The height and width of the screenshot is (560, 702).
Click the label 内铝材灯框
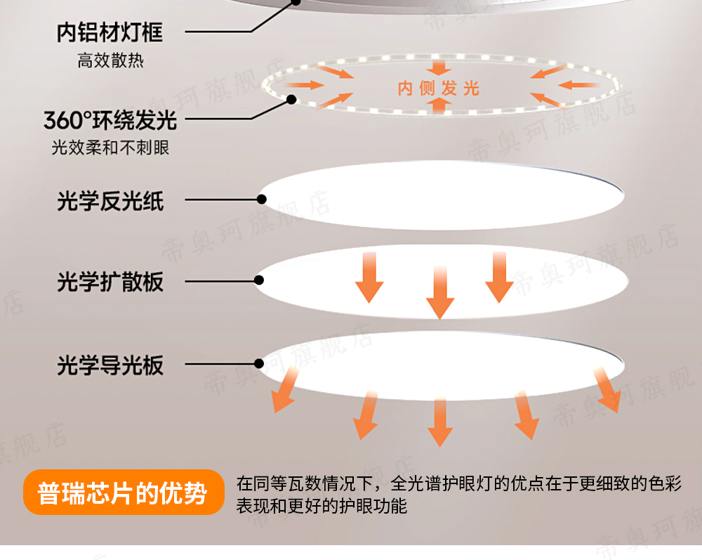point(110,32)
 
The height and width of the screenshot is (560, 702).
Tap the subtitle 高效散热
point(110,60)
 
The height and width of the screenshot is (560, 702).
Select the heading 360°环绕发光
point(110,120)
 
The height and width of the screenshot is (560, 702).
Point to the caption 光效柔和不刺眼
point(110,148)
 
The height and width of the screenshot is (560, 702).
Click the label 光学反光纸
point(110,202)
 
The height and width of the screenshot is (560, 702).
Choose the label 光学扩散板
point(110,282)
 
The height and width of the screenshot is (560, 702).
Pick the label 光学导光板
point(110,365)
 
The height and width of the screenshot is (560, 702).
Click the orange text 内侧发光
point(439,89)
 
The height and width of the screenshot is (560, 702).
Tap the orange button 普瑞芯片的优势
point(123,493)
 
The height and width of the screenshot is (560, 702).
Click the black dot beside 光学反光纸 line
point(261,200)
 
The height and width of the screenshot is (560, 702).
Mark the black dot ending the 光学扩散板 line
point(260,281)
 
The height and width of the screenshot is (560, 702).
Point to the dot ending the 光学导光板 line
point(259,364)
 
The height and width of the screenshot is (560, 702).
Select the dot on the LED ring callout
point(290,100)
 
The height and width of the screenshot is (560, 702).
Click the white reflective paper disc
point(442,198)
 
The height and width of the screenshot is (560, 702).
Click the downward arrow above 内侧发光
point(440,67)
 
